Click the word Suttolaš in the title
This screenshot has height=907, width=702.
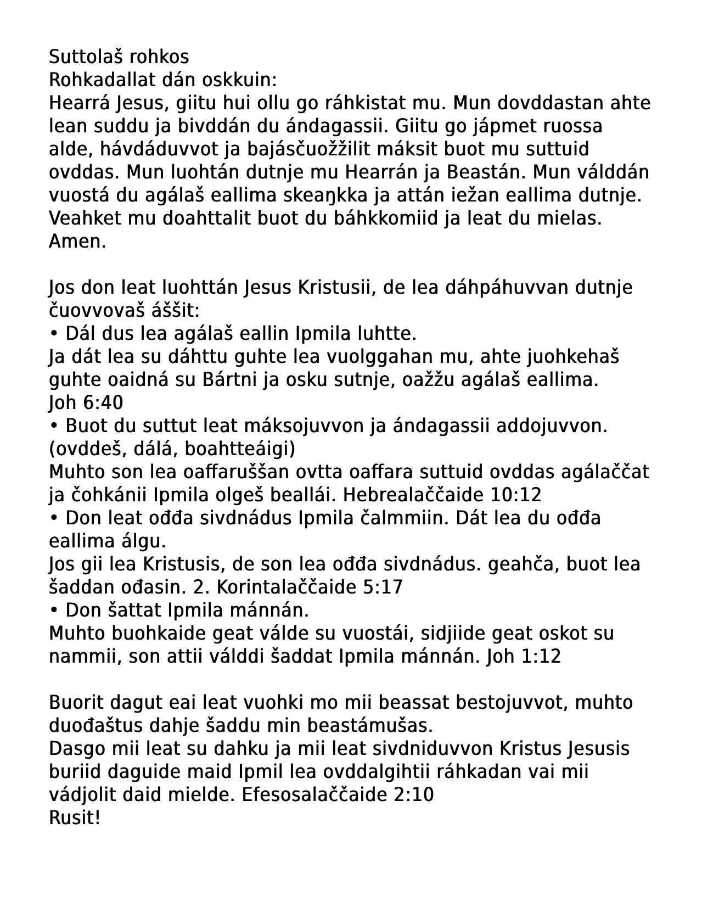[x=83, y=57]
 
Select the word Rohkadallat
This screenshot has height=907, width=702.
[x=102, y=80]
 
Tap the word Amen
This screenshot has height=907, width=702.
[x=77, y=242]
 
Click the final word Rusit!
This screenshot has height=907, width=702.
[x=75, y=818]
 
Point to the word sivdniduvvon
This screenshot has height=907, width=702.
[x=431, y=749]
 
